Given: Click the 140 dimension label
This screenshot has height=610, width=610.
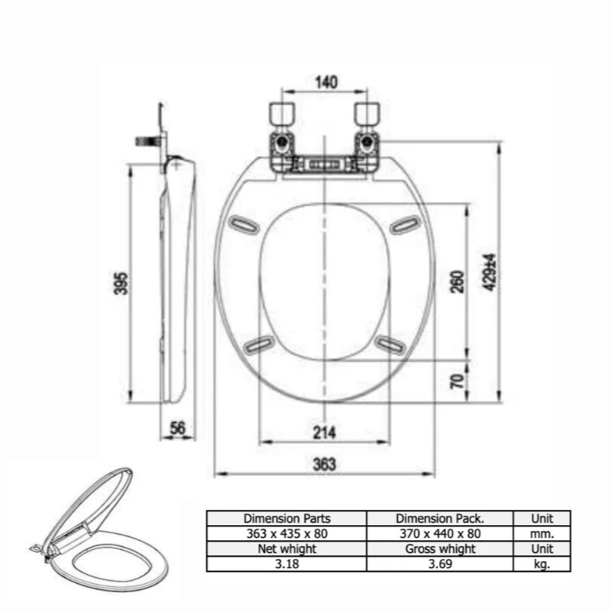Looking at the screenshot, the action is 326,82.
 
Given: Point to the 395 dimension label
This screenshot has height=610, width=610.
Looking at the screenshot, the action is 121,283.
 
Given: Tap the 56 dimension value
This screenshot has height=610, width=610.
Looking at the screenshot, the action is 178,428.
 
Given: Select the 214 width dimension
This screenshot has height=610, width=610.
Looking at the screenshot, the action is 324,432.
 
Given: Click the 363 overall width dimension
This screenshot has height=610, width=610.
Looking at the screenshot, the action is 324,464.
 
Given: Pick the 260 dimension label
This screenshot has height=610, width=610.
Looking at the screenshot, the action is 458,281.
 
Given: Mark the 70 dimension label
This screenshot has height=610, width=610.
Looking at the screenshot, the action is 458,381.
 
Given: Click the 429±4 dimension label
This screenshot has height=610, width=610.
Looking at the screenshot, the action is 490,272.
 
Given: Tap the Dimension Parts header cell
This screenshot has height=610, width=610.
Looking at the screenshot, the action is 287,518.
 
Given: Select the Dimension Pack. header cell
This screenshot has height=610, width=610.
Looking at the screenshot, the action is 440,518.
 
